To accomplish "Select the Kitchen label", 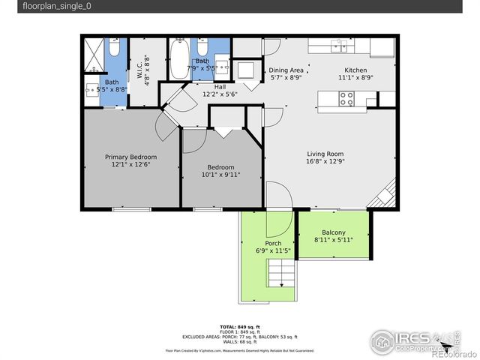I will pos(355,69).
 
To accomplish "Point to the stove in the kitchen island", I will pos(346,98).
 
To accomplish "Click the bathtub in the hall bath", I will pos(179,54).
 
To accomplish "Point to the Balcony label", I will pos(334,232).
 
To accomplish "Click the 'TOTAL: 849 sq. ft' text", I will pos(240,327).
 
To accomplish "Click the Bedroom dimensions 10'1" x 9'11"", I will pos(220,175).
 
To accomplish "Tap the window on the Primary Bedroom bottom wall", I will pos(131,209).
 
